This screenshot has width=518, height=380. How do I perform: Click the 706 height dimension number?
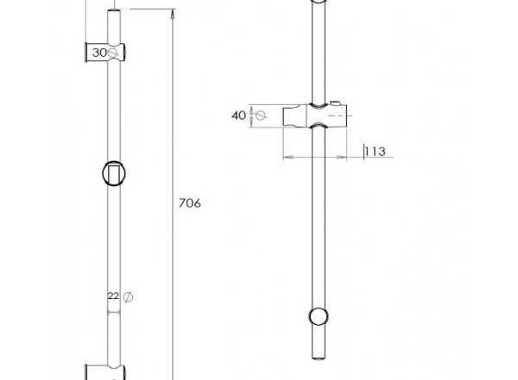(x=190, y=203)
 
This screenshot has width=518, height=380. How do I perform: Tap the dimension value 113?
(x=376, y=152)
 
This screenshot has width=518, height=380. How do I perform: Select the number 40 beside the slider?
(x=238, y=115)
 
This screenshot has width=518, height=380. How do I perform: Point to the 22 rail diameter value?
(x=113, y=296)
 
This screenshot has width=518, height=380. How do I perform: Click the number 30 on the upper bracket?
(x=99, y=53)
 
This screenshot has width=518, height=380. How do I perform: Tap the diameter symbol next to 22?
(x=128, y=297)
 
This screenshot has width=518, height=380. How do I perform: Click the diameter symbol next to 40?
(x=261, y=115)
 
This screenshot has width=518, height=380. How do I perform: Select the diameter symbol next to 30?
(x=112, y=53)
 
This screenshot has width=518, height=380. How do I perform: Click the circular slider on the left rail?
(x=114, y=174)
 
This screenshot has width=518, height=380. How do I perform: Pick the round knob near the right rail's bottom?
(x=319, y=317)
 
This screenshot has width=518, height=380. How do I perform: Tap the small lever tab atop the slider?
(x=335, y=104)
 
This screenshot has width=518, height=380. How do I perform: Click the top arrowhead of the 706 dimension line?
(x=172, y=15)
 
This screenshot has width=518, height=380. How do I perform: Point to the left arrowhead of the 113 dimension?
(x=287, y=158)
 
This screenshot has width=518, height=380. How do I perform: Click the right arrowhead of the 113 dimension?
(x=342, y=158)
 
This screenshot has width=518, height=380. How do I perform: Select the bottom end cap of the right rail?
(x=319, y=358)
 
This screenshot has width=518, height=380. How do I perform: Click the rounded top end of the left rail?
(x=114, y=12)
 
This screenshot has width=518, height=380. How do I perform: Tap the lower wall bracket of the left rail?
(x=105, y=372)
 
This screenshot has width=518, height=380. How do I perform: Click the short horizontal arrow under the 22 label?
(x=114, y=312)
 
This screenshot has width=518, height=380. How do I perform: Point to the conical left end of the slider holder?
(x=295, y=115)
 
